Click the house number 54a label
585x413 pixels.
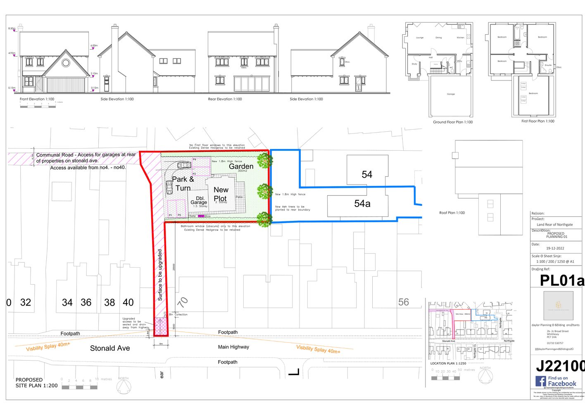point(362,204)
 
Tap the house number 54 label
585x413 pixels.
point(367,175)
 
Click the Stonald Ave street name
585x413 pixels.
point(110,349)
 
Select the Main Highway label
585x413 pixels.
point(233,347)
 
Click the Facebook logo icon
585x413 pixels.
point(541,381)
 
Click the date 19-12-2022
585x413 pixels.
point(555,249)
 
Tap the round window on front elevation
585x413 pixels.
point(66,63)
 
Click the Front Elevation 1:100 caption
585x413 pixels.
point(37,99)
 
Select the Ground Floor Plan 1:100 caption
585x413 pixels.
point(453,122)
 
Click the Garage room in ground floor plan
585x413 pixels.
point(451,94)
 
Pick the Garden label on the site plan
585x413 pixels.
point(241,166)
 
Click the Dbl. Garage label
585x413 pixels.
point(199,200)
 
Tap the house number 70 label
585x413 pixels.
point(183,302)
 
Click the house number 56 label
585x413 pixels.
point(404,302)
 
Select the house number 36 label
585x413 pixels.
point(86,303)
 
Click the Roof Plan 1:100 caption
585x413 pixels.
point(452,213)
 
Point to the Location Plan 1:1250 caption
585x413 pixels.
point(448,363)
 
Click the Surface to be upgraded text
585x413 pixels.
point(160,275)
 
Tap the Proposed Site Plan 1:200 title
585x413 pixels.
point(36,383)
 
